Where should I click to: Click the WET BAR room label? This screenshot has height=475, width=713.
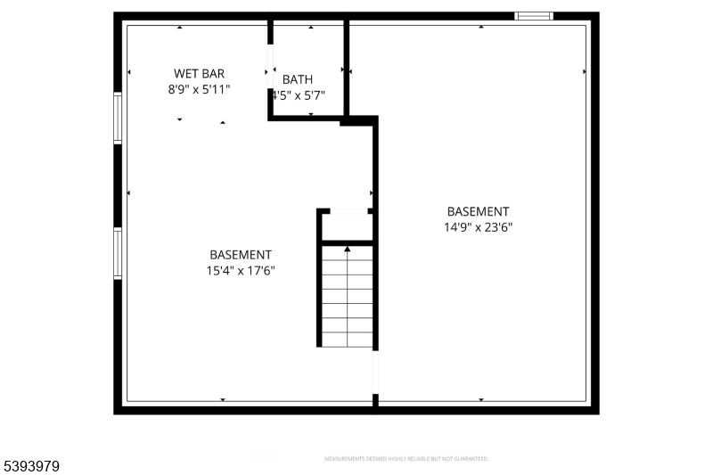click(x=199, y=73)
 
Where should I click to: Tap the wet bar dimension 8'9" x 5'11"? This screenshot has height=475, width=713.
click(x=199, y=89)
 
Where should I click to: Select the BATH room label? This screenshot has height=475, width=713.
click(x=298, y=79)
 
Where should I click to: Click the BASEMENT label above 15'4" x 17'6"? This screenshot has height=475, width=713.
click(x=241, y=255)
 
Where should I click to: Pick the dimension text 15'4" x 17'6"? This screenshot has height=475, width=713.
click(x=241, y=271)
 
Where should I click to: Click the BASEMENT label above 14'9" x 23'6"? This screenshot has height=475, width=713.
click(x=478, y=211)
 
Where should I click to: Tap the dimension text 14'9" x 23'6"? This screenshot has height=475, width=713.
click(x=478, y=227)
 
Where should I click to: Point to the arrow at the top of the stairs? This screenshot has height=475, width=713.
click(x=348, y=249)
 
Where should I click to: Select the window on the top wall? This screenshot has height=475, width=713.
click(x=534, y=15)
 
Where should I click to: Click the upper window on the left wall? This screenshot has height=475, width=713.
click(x=118, y=118)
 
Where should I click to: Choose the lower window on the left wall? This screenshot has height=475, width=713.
click(x=118, y=254)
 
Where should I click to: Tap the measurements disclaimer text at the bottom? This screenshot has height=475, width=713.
click(x=406, y=459)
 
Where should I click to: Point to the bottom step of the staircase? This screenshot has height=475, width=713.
click(x=348, y=340)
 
